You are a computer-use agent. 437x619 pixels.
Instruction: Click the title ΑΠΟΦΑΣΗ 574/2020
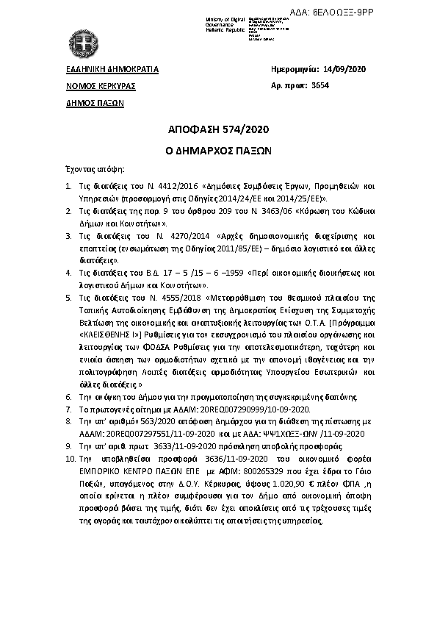click(218, 130)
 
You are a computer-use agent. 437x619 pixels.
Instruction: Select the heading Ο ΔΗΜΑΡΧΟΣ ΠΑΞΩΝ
click(218, 148)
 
